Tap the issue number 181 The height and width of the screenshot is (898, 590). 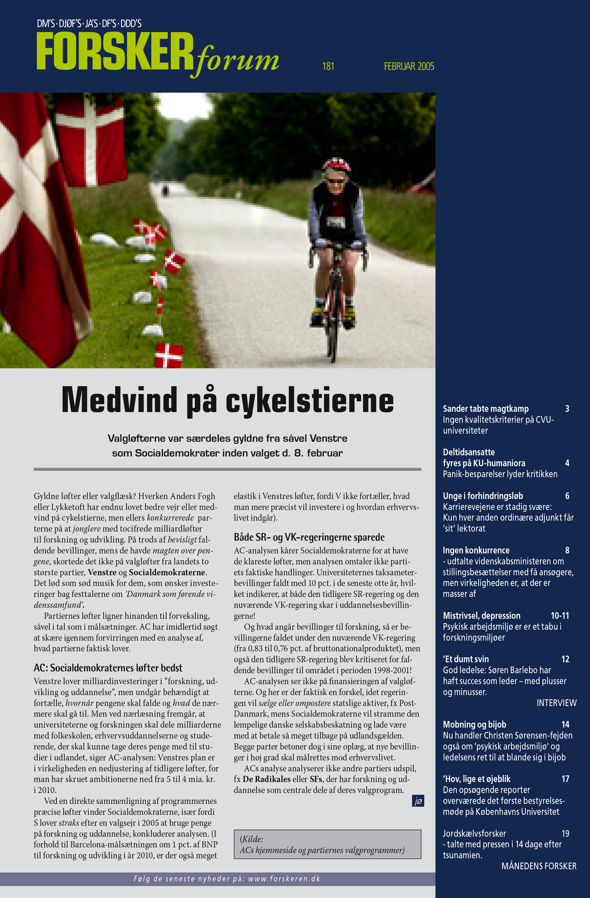(328, 66)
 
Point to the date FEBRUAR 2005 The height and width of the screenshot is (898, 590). (409, 66)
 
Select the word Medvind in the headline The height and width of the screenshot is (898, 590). (119, 400)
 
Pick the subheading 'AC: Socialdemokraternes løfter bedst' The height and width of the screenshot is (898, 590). (108, 668)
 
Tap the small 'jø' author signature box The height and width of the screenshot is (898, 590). (418, 801)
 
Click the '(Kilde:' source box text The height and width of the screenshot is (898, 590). (251, 839)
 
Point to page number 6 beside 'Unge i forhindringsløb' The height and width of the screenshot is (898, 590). (567, 496)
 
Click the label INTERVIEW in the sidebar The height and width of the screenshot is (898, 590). (556, 703)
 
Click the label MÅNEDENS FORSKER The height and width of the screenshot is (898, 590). (539, 866)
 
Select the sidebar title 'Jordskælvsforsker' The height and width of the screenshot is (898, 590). (474, 833)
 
